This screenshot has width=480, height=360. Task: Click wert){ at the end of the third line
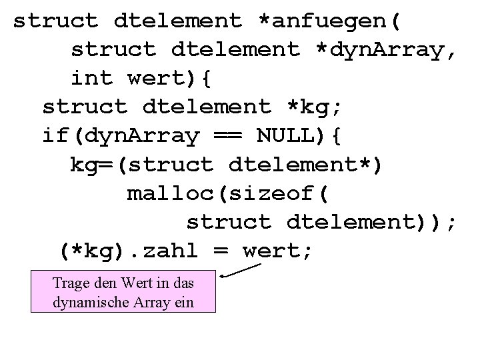[169, 78]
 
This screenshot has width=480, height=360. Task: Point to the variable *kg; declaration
[313, 107]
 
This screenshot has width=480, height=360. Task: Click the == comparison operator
[227, 136]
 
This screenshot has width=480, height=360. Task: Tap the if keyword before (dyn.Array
[56, 136]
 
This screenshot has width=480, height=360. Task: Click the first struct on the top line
[55, 21]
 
